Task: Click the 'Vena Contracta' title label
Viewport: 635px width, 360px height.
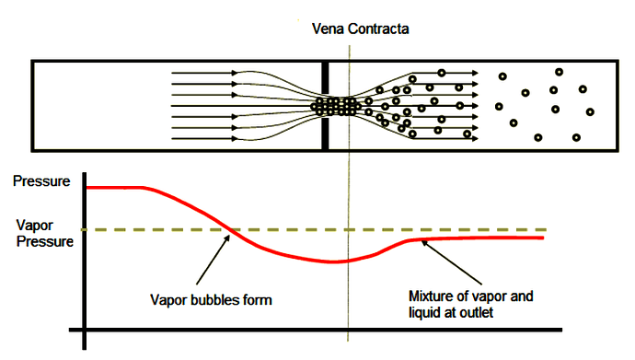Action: coord(360,29)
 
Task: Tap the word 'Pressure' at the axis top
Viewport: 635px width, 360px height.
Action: coord(41,181)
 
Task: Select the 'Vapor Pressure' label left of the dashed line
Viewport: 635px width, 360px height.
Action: coord(44,233)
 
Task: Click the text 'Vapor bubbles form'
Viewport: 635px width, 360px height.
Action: coord(211,300)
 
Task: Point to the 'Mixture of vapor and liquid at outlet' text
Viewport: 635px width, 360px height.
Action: coord(470,304)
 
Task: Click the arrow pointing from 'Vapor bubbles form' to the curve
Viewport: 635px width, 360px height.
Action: coord(213,260)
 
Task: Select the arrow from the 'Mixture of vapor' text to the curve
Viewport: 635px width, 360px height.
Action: coord(452,262)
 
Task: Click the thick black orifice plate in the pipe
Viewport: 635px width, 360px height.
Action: coord(325,106)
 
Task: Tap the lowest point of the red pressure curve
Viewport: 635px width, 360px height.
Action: coord(334,261)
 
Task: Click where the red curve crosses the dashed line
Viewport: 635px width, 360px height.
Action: coord(230,230)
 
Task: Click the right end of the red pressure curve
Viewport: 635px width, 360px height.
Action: coord(543,238)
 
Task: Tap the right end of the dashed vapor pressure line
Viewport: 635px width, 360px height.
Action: coord(546,229)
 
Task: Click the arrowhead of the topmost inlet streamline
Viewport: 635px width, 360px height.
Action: coord(234,74)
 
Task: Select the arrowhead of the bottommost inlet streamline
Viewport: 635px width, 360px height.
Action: coord(234,139)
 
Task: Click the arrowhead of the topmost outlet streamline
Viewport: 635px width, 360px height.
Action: coord(476,74)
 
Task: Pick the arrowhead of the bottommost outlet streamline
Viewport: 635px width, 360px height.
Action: coord(476,139)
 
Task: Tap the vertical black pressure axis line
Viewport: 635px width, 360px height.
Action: coord(85,261)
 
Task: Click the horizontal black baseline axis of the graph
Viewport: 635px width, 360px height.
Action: coord(316,330)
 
